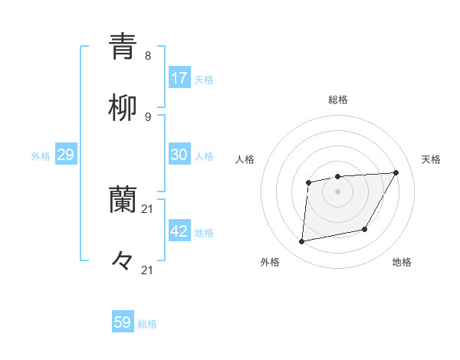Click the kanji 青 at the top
click(x=123, y=47)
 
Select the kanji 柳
click(x=123, y=109)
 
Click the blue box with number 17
click(x=179, y=78)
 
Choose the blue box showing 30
click(x=179, y=155)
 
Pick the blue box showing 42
click(x=179, y=231)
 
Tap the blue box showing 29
click(x=65, y=155)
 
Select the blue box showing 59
click(x=123, y=322)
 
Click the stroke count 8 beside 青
click(x=148, y=56)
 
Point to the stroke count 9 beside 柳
click(x=148, y=117)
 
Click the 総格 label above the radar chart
click(x=337, y=100)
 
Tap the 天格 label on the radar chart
click(x=431, y=159)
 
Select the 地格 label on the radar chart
click(x=402, y=262)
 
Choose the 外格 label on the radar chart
click(x=270, y=262)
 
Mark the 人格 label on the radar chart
click(x=245, y=159)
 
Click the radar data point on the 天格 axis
click(x=396, y=172)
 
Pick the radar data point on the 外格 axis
click(x=302, y=241)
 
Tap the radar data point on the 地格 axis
click(x=365, y=229)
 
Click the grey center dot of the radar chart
click(x=337, y=191)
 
